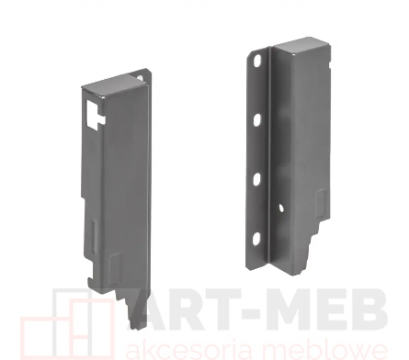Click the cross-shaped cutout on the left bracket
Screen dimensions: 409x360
coord(95,115)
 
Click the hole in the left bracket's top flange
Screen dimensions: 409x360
coord(141,78)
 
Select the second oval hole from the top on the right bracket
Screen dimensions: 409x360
coord(257,120)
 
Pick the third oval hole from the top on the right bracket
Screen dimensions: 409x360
coord(257,179)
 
